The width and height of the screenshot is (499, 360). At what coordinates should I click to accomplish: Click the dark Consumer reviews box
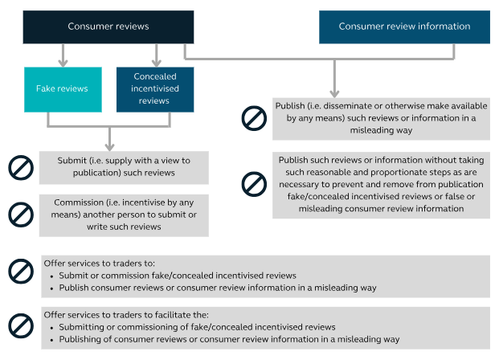(x=108, y=27)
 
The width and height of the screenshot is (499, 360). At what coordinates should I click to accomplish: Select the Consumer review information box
(x=404, y=27)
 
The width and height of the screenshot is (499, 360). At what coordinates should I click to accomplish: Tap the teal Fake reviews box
(x=63, y=89)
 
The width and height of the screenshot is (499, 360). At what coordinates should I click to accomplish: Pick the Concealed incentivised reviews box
(x=155, y=89)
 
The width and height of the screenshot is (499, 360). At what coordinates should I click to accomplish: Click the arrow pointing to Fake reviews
(x=63, y=55)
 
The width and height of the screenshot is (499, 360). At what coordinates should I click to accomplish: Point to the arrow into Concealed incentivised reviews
(x=156, y=55)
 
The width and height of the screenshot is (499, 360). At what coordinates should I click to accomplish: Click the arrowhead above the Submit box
(x=109, y=147)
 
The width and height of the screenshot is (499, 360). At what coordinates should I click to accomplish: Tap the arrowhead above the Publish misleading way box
(x=334, y=93)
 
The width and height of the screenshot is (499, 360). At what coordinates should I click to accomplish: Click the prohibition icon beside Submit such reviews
(x=21, y=168)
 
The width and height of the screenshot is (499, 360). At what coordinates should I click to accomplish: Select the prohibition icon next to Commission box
(x=21, y=215)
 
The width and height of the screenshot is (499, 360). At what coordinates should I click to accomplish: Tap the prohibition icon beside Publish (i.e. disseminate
(x=254, y=118)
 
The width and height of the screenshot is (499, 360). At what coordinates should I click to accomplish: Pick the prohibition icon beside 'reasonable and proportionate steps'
(x=254, y=184)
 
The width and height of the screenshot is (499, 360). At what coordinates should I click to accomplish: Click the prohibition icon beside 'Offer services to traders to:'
(x=21, y=271)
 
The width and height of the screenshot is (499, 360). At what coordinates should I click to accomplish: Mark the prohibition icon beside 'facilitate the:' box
(x=21, y=326)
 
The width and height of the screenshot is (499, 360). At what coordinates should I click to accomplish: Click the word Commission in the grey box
(x=75, y=202)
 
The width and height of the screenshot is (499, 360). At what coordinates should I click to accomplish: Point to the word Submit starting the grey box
(x=67, y=161)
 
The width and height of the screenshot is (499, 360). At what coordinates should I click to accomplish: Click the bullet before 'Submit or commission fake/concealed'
(x=52, y=276)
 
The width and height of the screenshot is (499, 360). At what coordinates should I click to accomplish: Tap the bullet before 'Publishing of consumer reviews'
(x=52, y=340)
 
